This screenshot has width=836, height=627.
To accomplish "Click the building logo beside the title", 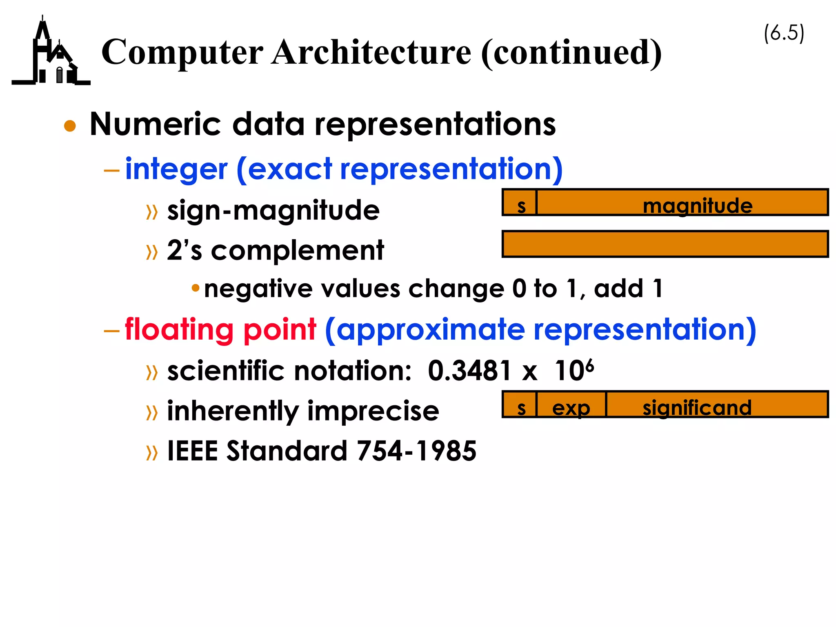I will pyautogui.click(x=51, y=53).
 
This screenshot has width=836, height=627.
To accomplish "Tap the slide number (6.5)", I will pyautogui.click(x=784, y=33).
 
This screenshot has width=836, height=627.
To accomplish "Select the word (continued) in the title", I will pyautogui.click(x=571, y=53).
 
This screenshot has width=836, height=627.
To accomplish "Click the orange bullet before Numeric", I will pyautogui.click(x=70, y=126).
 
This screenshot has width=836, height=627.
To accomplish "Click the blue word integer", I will pyautogui.click(x=176, y=169).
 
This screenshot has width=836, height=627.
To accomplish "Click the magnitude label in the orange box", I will pyautogui.click(x=697, y=205).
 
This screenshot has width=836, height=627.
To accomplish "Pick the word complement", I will pyautogui.click(x=297, y=251).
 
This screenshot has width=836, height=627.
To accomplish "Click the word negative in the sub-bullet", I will pyautogui.click(x=258, y=289).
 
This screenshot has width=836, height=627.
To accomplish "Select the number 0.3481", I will pyautogui.click(x=469, y=371).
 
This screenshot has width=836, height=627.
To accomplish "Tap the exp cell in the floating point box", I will pyautogui.click(x=571, y=407).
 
